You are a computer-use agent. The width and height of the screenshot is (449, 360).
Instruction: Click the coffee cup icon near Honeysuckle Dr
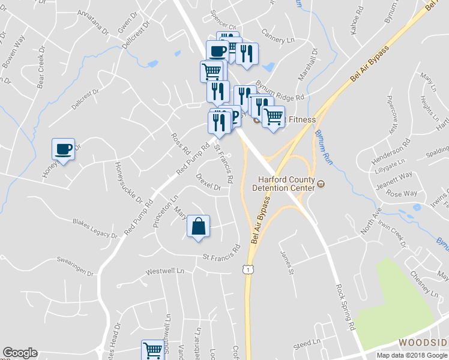click(x=64, y=148)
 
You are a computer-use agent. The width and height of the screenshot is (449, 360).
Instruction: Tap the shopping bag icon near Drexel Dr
click(x=199, y=226)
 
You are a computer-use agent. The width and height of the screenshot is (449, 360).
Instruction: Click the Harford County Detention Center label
click(x=286, y=183)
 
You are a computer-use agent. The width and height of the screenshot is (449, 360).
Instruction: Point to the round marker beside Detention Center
click(x=321, y=184)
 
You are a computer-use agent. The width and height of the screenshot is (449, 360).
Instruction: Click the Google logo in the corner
click(x=20, y=353)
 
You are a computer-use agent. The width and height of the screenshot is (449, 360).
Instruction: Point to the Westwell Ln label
click(x=166, y=271)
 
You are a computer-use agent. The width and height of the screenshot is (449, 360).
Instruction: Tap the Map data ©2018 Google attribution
click(x=412, y=355)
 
